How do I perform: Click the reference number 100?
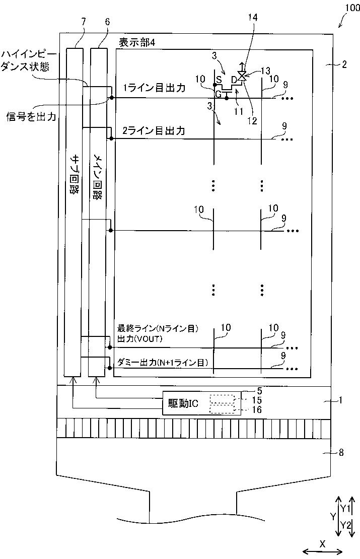click(x=352, y=8)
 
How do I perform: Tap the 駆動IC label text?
click(x=184, y=403)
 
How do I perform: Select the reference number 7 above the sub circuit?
click(x=84, y=22)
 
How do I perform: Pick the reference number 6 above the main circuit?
click(x=107, y=22)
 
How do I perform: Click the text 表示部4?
click(x=137, y=43)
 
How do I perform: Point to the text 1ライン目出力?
click(x=155, y=88)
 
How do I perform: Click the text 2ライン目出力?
click(x=154, y=130)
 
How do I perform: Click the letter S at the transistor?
click(x=219, y=79)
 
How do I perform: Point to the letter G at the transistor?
click(x=219, y=95)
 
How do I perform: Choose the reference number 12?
click(x=252, y=121)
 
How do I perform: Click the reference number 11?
click(x=239, y=111)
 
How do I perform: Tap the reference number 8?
click(x=341, y=452)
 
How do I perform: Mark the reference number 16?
click(x=257, y=409)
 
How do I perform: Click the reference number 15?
click(x=257, y=400)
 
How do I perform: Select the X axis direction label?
click(x=322, y=544)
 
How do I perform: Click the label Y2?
click(x=345, y=525)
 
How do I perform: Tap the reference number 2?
click(x=344, y=64)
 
